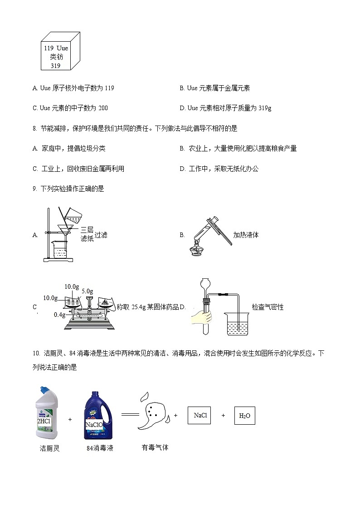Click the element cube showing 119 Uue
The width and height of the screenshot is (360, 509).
(x=61, y=52)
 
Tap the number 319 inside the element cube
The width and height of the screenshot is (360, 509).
(x=56, y=66)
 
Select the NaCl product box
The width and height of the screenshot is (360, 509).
(x=199, y=415)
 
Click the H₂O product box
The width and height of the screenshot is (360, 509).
(x=244, y=415)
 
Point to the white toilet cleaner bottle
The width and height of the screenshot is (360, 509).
(x=47, y=413)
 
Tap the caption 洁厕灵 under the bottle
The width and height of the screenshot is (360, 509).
(x=50, y=448)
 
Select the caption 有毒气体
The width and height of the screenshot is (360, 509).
(x=155, y=447)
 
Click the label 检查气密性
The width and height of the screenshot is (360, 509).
(x=268, y=307)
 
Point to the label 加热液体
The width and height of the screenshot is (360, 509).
(x=246, y=235)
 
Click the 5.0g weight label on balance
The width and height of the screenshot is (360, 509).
(x=87, y=291)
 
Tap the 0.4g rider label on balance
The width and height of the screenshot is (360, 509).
(x=59, y=315)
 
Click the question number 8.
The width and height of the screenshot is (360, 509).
(x=34, y=128)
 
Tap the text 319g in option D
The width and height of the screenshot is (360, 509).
(x=265, y=108)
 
